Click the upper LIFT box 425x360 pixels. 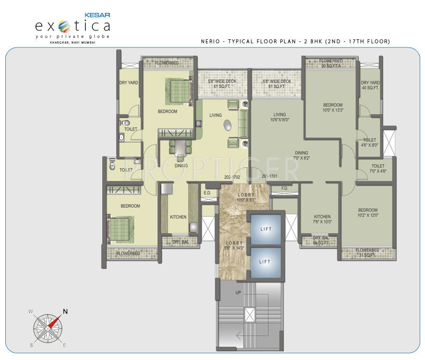tap(265, 229)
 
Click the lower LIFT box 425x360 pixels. tap(265, 262)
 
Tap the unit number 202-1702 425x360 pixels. tap(232, 177)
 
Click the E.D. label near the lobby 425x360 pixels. tap(207, 193)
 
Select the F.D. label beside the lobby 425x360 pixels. tap(284, 188)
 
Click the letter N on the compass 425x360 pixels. tap(65, 311)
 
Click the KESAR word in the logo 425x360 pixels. tap(98, 14)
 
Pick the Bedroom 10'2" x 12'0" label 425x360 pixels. tap(367, 213)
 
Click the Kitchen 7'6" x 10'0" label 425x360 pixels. tap(322, 219)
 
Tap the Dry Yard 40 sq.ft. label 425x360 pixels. tap(370, 85)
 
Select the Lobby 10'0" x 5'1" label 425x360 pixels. tap(247, 197)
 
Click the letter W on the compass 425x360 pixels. tap(30, 312)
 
